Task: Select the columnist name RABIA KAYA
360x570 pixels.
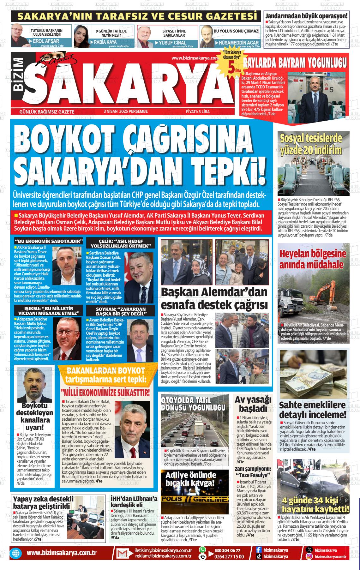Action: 105,42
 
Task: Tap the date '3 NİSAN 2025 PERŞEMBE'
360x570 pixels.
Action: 125,111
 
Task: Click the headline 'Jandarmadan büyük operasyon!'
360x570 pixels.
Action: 306,16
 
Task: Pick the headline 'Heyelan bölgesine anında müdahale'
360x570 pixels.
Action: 311,259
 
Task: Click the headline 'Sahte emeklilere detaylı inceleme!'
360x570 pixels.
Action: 313,410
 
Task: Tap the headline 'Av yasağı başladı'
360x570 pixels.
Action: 253,404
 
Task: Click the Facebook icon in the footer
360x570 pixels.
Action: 258,550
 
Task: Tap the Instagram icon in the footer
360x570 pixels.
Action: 309,557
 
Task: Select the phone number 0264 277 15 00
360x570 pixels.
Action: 229,557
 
